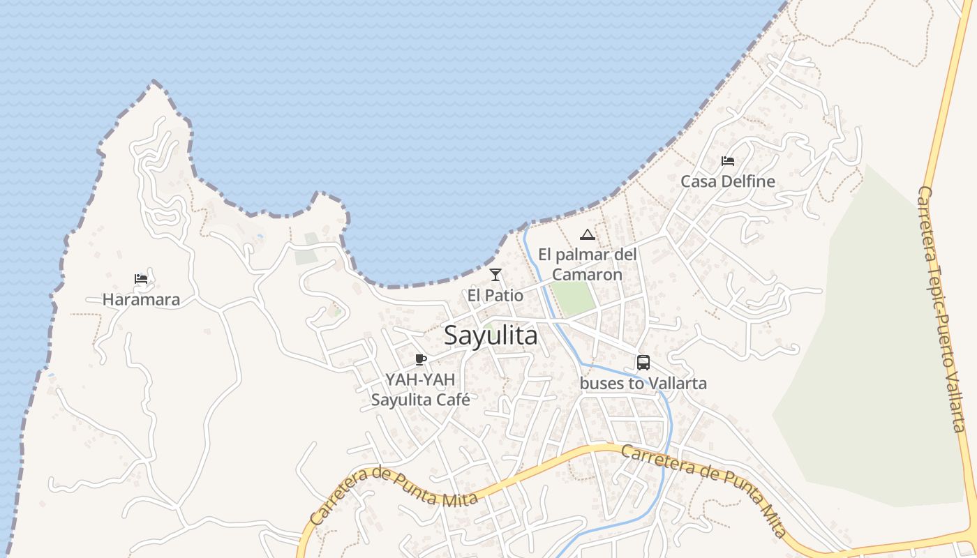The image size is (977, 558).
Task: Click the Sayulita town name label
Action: click(x=491, y=335)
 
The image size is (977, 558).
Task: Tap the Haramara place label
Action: click(x=141, y=300)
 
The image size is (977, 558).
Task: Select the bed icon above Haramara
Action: click(x=141, y=280)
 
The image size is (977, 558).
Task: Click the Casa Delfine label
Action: click(x=728, y=181)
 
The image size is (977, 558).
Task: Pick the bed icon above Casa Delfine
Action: click(x=728, y=161)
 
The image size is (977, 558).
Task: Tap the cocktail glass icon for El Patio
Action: click(x=495, y=275)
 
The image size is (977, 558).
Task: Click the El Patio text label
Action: click(x=495, y=296)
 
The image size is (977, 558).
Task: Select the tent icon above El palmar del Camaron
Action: click(x=588, y=234)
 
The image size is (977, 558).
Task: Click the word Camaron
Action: click(x=587, y=275)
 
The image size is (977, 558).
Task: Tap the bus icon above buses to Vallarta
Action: click(x=643, y=363)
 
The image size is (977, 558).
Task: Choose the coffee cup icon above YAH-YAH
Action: click(x=420, y=360)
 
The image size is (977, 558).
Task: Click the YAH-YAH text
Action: click(x=420, y=380)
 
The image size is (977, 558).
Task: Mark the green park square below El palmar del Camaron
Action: click(x=573, y=299)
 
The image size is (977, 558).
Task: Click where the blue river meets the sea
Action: click(x=525, y=228)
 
